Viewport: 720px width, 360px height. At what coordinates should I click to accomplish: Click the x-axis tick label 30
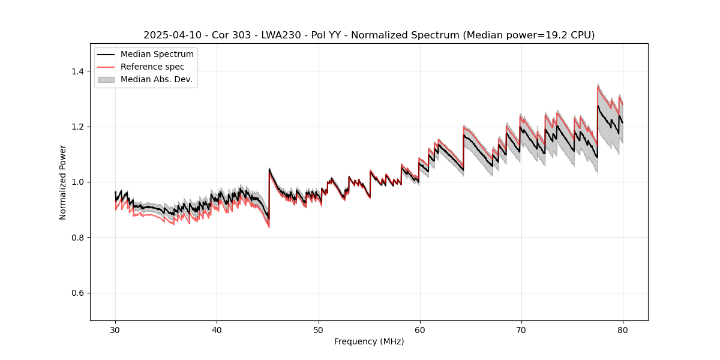coord(115,329)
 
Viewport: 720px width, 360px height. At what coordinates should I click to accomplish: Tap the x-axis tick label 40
coord(217,329)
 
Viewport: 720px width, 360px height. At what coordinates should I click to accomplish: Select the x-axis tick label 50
coord(318,329)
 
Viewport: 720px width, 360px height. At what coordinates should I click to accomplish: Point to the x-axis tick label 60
coord(419,329)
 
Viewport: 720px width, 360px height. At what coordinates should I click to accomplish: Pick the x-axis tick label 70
coord(521,329)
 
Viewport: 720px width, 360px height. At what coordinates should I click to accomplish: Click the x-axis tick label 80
coord(622,329)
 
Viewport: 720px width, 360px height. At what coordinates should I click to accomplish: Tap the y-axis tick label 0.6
coord(77,293)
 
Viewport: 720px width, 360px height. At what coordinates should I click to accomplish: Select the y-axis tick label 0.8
coord(77,238)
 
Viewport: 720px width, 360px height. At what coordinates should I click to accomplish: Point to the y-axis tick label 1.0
coord(77,182)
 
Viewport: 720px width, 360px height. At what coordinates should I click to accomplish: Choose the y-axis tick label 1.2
coord(77,127)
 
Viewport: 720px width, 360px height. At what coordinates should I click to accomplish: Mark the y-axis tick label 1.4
coord(77,71)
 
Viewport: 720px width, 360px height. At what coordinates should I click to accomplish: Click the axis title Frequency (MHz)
coord(369,341)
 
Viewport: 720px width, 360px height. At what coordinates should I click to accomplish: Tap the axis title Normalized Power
coord(63,182)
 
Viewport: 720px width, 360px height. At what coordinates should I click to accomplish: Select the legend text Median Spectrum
coord(157,55)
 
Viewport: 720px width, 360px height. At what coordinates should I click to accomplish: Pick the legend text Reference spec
coord(152,67)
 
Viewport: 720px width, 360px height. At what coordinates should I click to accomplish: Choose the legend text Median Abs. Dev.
coord(156,79)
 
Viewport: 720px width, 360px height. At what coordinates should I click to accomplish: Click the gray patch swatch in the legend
coord(106,79)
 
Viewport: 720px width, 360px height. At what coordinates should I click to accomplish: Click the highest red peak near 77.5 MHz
coord(598,86)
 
